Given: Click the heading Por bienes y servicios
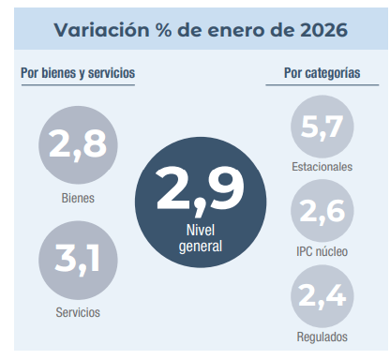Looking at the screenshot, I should (x=77, y=73).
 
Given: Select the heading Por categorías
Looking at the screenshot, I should (x=322, y=73).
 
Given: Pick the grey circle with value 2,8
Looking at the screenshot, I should (x=78, y=143).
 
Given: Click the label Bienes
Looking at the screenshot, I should (x=78, y=198).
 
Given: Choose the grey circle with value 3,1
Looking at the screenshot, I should (x=78, y=260).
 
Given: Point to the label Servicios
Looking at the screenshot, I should (x=78, y=312).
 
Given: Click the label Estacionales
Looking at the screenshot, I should (x=322, y=166).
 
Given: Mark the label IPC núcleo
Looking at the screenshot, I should (x=322, y=251).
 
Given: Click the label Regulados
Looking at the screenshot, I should (x=322, y=337).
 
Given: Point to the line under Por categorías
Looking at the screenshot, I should (x=322, y=85).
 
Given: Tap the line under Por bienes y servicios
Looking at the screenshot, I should (x=77, y=85).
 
